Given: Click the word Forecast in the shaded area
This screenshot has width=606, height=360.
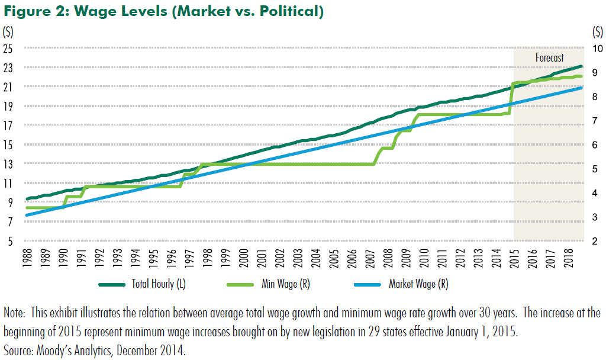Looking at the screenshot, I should point(550,58).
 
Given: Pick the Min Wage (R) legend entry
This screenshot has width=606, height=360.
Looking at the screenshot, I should point(286,284).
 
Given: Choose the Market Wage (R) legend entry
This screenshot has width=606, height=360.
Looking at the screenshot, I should point(418,284).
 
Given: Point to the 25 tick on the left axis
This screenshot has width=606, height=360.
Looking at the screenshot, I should point(8,49).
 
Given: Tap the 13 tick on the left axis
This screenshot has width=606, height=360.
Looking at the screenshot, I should point(8,164).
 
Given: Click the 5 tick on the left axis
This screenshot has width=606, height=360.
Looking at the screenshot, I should point(10,241).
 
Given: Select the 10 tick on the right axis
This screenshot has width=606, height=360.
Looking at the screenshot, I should point(597,49).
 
